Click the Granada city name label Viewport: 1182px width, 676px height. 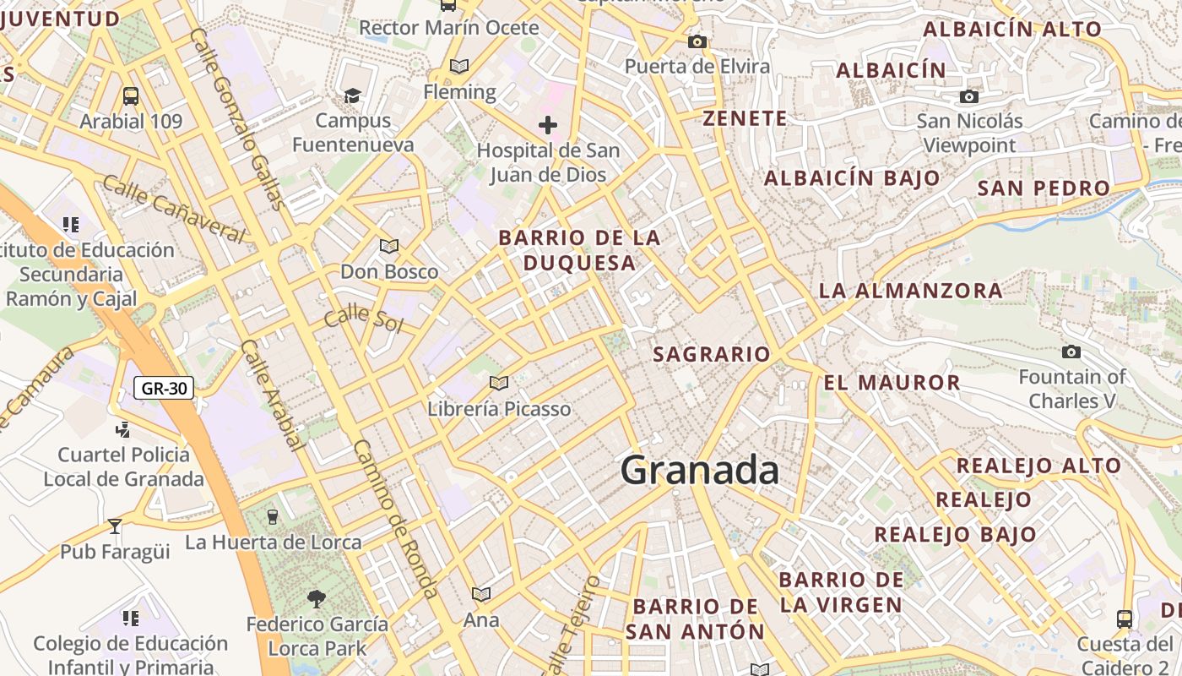[x=699, y=471]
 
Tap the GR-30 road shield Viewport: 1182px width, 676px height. [x=164, y=389]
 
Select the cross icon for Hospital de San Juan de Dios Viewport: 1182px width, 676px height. [x=548, y=126]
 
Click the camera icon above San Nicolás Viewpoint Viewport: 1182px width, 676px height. [x=969, y=97]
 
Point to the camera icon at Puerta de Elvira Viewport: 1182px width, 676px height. [x=697, y=42]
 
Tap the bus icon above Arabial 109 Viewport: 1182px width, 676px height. [x=130, y=95]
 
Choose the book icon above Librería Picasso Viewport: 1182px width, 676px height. [x=499, y=384]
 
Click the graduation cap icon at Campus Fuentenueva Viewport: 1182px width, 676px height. [x=352, y=95]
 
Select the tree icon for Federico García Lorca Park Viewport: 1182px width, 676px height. [x=317, y=599]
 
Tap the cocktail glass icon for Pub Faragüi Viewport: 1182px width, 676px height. [x=115, y=526]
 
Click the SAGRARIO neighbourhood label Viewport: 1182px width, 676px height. [x=712, y=354]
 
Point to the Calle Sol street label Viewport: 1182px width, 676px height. [x=363, y=319]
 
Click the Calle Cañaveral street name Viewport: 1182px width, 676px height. [x=174, y=208]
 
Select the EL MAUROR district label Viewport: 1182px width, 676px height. [x=892, y=383]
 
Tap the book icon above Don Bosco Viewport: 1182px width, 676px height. [x=388, y=247]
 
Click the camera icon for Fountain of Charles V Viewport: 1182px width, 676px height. [x=1071, y=352]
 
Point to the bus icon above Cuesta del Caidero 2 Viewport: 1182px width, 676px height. [x=1124, y=619]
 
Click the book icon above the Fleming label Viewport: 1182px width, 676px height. [x=459, y=66]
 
